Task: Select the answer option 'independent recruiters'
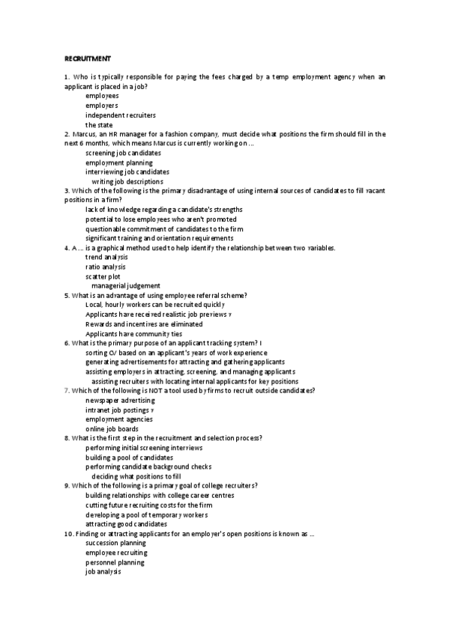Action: (120, 115)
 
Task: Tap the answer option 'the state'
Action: (104, 125)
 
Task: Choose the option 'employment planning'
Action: (118, 162)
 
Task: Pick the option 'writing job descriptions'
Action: (127, 182)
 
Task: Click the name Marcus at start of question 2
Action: (84, 134)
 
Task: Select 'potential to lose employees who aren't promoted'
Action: (160, 219)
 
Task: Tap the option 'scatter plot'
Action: (103, 276)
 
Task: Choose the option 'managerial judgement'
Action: (125, 286)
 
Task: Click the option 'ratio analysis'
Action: (106, 267)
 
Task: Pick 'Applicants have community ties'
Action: (133, 334)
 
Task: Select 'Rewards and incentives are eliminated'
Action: (144, 324)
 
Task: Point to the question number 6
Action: (67, 343)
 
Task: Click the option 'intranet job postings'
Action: (119, 410)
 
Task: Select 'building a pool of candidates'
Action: (129, 457)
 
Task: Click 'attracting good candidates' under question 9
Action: (126, 524)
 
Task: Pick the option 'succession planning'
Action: (115, 543)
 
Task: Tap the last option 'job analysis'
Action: (103, 571)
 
